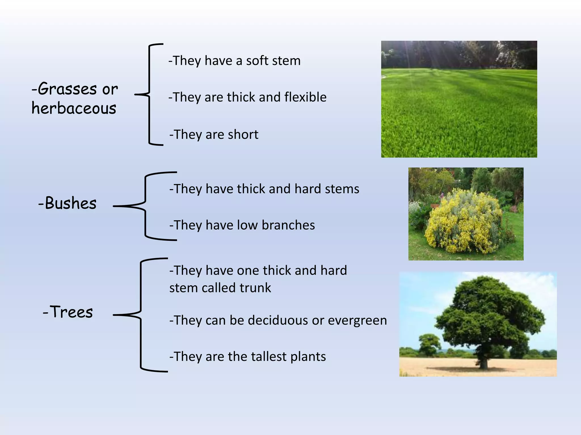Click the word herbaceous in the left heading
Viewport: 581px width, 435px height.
[74, 108]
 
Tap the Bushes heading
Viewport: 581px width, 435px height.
[68, 203]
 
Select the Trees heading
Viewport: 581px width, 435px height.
[68, 312]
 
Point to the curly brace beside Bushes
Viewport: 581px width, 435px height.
[146, 206]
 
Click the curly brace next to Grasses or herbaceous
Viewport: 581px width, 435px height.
[149, 95]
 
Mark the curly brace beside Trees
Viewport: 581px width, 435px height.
[141, 315]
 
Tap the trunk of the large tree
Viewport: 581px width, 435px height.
[483, 361]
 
